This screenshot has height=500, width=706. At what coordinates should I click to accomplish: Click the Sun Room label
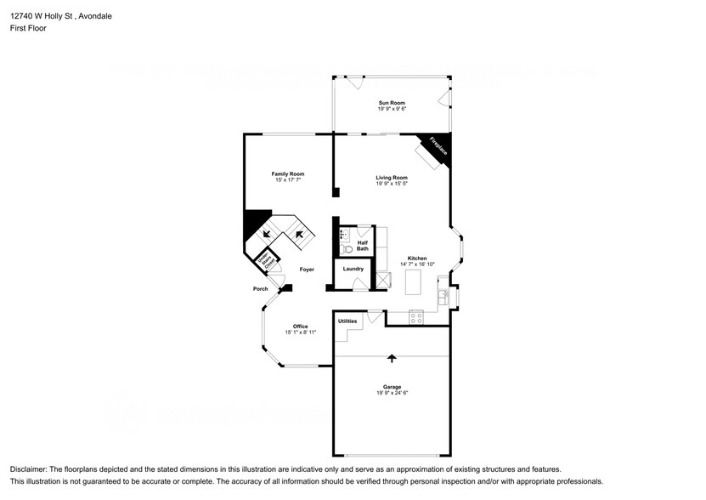pyautogui.click(x=392, y=103)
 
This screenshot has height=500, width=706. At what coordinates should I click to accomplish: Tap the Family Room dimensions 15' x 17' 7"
pyautogui.click(x=288, y=180)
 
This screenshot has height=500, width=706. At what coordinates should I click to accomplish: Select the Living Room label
pyautogui.click(x=392, y=178)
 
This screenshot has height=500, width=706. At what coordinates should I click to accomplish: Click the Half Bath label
pyautogui.click(x=362, y=245)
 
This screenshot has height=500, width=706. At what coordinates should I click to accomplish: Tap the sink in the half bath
pyautogui.click(x=343, y=232)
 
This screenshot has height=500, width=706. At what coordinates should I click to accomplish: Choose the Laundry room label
pyautogui.click(x=353, y=269)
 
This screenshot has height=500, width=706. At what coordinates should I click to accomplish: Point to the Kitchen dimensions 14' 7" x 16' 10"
pyautogui.click(x=417, y=264)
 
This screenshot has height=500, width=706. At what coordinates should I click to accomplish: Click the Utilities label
pyautogui.click(x=347, y=321)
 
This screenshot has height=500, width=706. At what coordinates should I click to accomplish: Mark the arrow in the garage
pyautogui.click(x=392, y=359)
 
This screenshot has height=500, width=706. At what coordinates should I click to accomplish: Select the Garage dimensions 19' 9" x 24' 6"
pyautogui.click(x=393, y=393)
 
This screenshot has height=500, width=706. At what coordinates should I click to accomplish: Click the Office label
pyautogui.click(x=300, y=327)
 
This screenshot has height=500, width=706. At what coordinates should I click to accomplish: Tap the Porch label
pyautogui.click(x=261, y=289)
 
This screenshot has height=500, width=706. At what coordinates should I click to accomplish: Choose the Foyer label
pyautogui.click(x=307, y=270)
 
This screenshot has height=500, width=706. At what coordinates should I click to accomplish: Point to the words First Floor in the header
pyautogui.click(x=28, y=28)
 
